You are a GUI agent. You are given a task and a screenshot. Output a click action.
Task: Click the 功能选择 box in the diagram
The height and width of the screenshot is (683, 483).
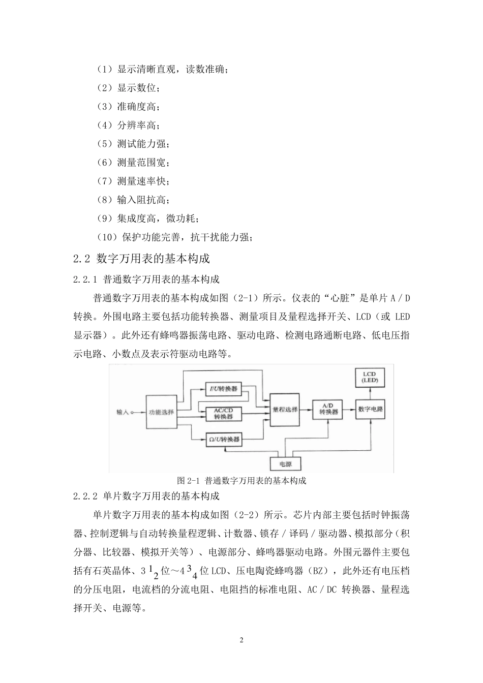point(161,412)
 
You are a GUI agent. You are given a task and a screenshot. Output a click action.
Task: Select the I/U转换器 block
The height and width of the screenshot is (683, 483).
point(224,389)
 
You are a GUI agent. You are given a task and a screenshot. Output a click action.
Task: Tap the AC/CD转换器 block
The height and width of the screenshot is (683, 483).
point(224,413)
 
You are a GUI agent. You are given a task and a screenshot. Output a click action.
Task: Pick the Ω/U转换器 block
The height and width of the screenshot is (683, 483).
point(224,439)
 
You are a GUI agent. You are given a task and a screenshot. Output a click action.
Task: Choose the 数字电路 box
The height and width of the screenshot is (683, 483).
point(371,409)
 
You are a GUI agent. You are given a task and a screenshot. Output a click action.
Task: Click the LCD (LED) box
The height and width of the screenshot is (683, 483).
point(371,377)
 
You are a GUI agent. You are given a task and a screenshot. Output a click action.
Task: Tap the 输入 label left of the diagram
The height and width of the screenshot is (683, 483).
point(123,412)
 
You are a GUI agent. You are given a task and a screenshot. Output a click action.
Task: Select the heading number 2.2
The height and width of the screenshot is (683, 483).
point(82,259)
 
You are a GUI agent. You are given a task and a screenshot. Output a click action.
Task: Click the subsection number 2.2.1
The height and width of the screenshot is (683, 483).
point(85,279)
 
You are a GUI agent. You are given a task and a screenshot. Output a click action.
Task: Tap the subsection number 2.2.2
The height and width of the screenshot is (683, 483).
point(85,495)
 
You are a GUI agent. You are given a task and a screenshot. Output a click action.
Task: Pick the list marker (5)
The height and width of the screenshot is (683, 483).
point(104,144)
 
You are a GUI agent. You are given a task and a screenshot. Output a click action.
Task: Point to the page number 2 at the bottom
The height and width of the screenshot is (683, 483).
point(242,640)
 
